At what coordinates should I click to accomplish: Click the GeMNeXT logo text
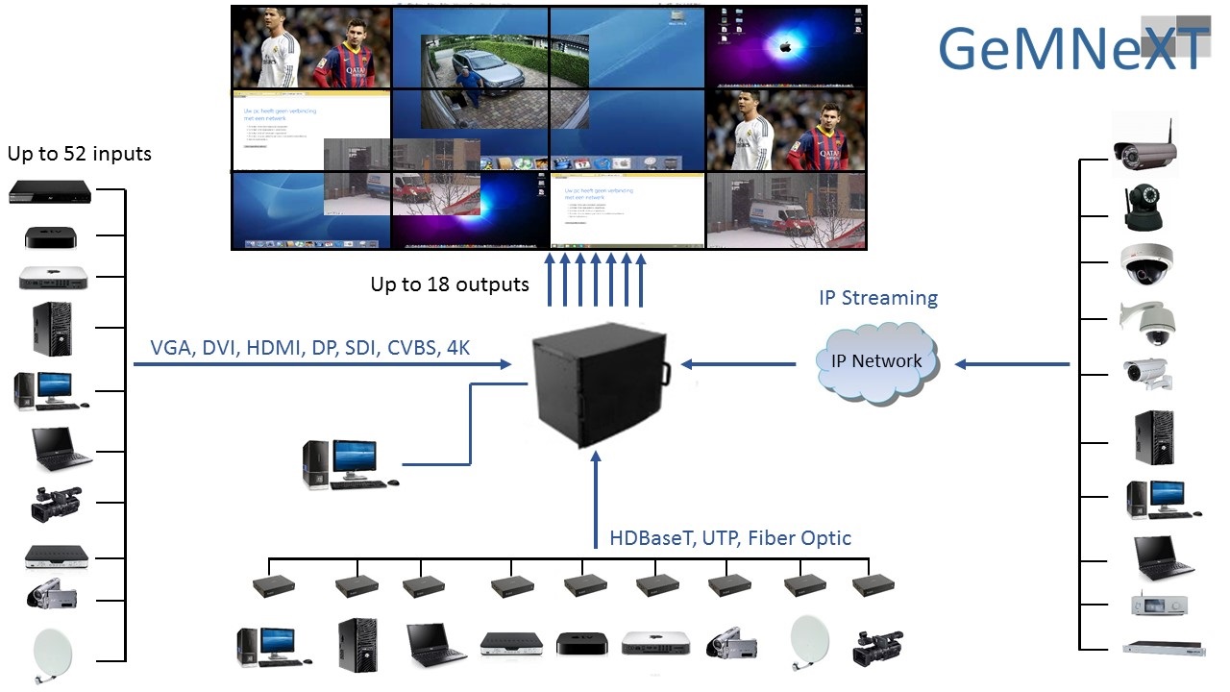coord(1071,48)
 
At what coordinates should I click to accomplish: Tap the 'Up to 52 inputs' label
coord(79,154)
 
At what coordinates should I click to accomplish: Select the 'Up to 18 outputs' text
coord(450,284)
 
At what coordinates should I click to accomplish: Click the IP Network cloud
coord(875,361)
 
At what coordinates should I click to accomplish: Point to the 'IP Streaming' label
coord(877,298)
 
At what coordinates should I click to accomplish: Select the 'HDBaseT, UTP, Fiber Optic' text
coord(730,537)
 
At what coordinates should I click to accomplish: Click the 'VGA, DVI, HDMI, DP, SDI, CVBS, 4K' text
coord(310,348)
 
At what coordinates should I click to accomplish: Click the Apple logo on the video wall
coord(785,45)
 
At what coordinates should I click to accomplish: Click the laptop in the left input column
coord(61,448)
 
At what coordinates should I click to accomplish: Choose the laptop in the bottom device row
coord(435,644)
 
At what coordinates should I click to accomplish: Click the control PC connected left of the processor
coord(342,464)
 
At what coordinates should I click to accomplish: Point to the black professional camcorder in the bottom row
coord(876,647)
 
